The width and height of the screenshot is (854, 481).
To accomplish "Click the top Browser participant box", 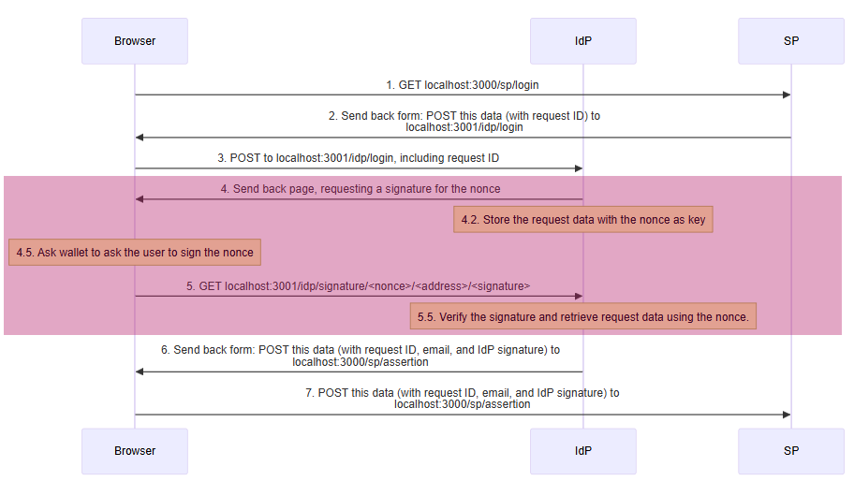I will [x=135, y=41].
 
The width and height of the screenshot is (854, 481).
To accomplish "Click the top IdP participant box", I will [x=582, y=41].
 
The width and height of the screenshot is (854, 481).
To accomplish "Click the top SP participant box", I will [x=790, y=41].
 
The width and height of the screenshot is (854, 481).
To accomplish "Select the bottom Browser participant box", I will [x=135, y=451].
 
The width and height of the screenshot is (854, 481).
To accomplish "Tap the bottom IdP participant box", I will [x=582, y=451].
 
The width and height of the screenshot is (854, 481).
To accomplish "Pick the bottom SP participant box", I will [x=790, y=451].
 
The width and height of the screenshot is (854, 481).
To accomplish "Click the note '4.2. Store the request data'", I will [x=583, y=220].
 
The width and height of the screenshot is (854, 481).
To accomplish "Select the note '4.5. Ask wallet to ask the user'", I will [x=135, y=253].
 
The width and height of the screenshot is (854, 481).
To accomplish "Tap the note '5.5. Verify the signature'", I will [x=583, y=317].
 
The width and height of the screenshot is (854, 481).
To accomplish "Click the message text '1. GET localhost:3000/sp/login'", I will [x=463, y=85].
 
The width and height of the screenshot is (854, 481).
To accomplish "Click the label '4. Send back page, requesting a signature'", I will [x=361, y=189].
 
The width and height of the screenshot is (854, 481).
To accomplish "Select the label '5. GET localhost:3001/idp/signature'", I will [x=359, y=285].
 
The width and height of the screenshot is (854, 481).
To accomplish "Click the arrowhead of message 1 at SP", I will [x=787, y=95].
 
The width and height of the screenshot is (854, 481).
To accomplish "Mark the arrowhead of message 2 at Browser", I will [x=140, y=138].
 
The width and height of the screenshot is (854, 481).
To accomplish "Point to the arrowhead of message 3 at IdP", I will [x=579, y=168].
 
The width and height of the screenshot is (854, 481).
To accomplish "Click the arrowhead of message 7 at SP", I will [x=787, y=415].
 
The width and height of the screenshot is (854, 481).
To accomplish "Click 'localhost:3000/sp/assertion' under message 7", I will [x=463, y=404].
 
